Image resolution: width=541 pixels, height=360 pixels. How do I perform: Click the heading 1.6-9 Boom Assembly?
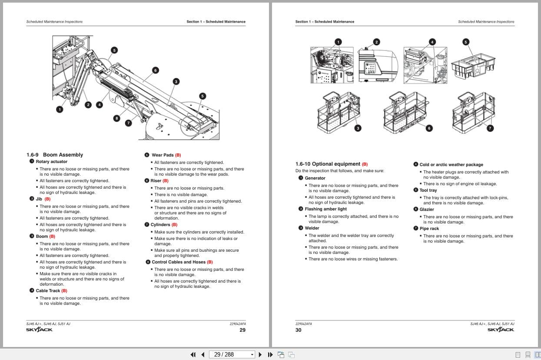click(55, 155)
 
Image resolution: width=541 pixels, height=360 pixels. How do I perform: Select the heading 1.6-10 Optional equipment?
click(328, 164)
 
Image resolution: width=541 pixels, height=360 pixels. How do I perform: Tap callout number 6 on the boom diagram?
click(155, 70)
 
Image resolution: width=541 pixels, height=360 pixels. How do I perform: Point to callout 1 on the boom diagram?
click(60, 110)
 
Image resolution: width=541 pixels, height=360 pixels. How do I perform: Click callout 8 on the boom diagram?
click(116, 118)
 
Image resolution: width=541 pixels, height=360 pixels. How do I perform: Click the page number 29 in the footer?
click(242, 330)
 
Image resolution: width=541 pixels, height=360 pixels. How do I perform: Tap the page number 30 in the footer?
click(298, 330)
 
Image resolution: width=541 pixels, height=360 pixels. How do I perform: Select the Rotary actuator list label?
click(52, 162)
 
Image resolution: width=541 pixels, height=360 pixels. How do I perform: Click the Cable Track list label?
click(48, 291)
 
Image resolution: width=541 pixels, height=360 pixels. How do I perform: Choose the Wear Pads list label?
click(163, 155)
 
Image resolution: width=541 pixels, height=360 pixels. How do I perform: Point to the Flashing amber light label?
click(325, 209)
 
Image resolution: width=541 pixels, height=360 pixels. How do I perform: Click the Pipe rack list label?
click(429, 229)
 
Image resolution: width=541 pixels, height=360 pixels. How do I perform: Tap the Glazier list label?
click(427, 210)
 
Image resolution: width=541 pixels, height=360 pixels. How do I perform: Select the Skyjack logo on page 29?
click(39, 330)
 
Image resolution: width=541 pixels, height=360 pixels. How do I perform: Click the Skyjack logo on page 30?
click(501, 330)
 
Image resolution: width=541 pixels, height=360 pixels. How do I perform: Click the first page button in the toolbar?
click(193, 354)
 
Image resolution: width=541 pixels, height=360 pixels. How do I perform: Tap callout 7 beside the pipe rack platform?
click(490, 128)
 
